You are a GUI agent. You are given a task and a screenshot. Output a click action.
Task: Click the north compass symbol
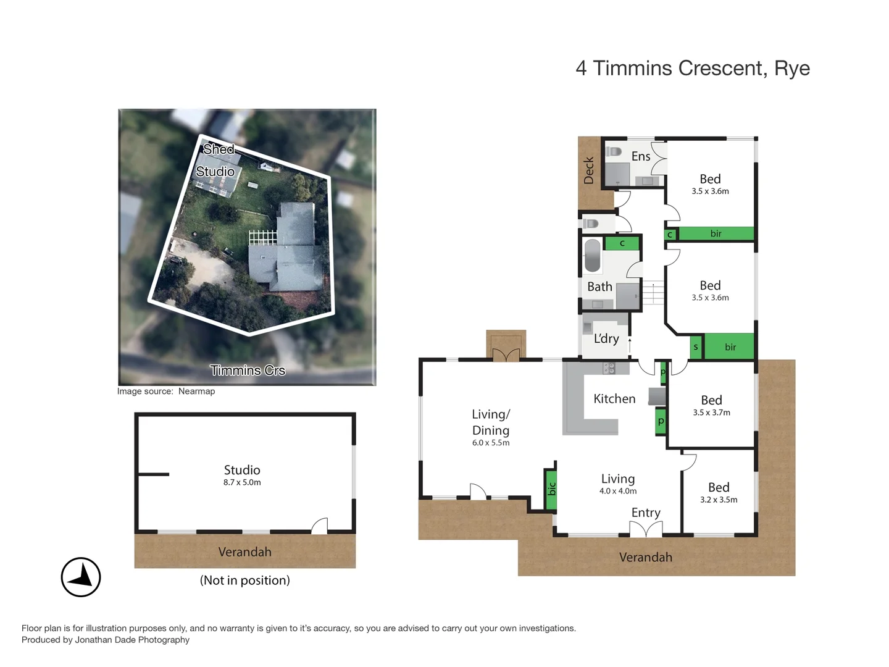81,577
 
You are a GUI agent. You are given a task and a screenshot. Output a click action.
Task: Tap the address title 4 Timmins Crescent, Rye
692,69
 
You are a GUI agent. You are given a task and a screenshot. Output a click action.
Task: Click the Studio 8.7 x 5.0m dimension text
242,482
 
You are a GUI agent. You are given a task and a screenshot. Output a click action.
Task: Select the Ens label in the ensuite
641,157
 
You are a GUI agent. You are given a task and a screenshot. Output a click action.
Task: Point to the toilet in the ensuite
614,152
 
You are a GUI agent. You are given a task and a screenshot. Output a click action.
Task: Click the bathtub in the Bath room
593,256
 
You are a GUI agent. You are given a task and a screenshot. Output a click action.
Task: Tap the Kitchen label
614,399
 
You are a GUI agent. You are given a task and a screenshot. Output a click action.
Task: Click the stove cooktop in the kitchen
609,368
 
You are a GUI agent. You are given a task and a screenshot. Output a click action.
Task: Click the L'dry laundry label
606,338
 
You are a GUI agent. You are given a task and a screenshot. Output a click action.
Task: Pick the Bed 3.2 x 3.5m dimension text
719,500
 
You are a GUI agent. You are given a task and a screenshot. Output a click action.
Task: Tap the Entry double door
646,529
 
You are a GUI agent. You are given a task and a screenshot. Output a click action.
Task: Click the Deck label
589,170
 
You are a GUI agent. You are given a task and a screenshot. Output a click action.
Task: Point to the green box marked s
696,347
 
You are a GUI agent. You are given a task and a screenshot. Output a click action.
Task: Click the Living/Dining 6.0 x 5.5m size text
491,443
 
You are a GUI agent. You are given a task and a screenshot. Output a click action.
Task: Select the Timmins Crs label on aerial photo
248,370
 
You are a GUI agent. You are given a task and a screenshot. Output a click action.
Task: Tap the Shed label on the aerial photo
219,149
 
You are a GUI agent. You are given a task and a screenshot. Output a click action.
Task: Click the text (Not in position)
244,581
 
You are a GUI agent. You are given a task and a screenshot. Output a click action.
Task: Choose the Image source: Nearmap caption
166,391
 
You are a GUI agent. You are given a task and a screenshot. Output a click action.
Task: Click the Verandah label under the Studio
244,552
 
